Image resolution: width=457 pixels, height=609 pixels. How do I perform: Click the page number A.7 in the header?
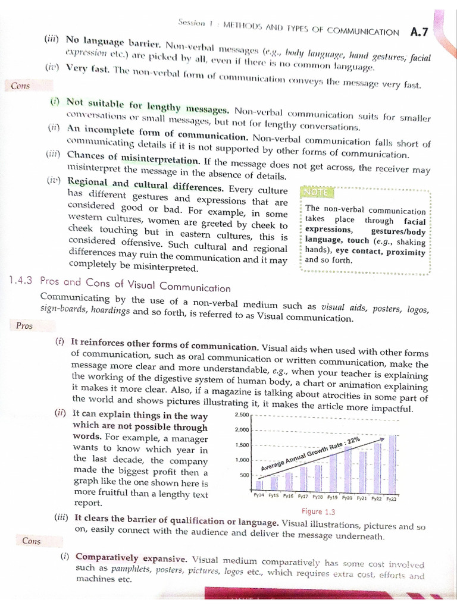pyautogui.click(x=421, y=32)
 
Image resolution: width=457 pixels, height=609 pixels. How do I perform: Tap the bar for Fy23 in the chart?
pyautogui.click(x=392, y=464)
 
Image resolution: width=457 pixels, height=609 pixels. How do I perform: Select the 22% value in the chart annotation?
pyautogui.click(x=353, y=441)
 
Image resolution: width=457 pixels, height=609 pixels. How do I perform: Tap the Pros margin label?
pyautogui.click(x=24, y=325)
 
